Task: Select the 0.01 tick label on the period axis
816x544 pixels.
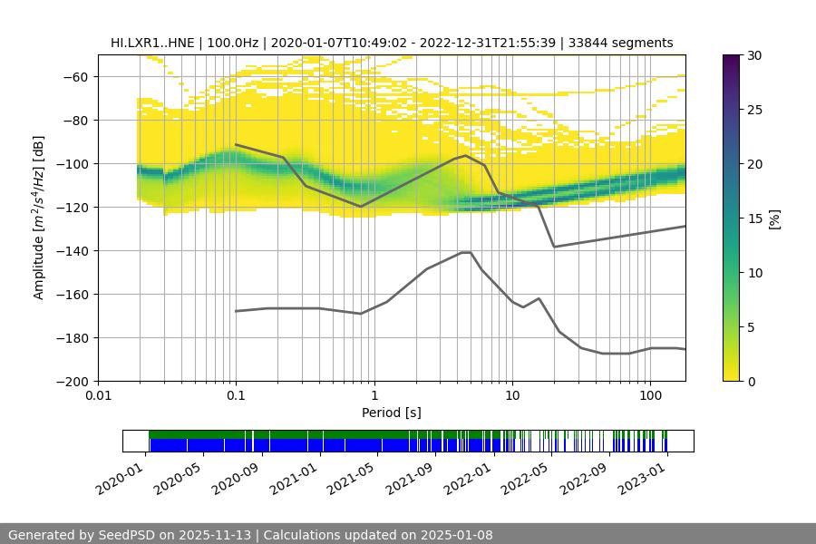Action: pos(98,395)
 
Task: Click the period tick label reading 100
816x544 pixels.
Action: pos(649,395)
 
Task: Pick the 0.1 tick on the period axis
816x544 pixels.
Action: pos(236,395)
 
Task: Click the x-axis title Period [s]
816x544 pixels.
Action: pos(391,413)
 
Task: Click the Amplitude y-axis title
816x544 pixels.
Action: pos(39,218)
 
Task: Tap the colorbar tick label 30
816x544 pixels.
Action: pos(754,55)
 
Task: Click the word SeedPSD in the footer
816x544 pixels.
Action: pos(126,535)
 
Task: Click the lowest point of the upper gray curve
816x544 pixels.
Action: pos(554,247)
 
